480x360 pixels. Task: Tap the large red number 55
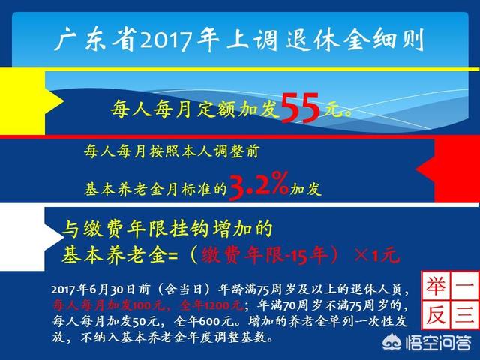(300, 108)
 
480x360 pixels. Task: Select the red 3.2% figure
(258, 186)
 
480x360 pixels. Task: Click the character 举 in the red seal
(436, 286)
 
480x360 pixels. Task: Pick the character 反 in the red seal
(436, 315)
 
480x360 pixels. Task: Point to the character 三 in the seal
(464, 315)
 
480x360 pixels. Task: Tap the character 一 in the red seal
(464, 286)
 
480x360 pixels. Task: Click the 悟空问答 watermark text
(438, 343)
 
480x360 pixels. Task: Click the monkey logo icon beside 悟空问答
(392, 342)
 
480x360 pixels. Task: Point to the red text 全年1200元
(211, 305)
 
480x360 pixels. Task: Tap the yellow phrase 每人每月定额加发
(195, 109)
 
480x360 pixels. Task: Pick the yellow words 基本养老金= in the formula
(120, 255)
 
